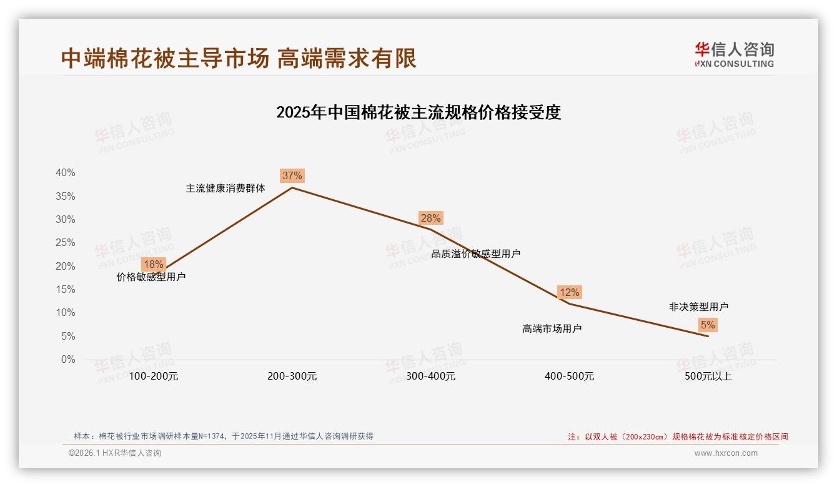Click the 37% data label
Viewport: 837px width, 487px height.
coord(292,175)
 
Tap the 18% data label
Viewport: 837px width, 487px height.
coord(153,264)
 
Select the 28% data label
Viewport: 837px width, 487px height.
coord(430,218)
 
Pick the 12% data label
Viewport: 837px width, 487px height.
coord(569,292)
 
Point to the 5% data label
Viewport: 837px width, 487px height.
coord(708,325)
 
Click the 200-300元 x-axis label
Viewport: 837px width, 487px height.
coord(292,376)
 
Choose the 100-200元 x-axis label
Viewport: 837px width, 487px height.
coord(153,376)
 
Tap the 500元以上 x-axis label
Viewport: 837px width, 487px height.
coord(708,376)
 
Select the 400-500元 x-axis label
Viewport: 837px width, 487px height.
coord(569,376)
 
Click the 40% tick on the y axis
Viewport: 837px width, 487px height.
coord(66,173)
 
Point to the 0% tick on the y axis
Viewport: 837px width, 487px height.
coord(68,360)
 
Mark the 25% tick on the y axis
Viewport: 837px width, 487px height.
coord(66,243)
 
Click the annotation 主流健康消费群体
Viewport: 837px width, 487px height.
coord(225,188)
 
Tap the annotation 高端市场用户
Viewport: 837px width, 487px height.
coord(552,328)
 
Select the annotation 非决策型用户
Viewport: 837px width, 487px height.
coord(698,307)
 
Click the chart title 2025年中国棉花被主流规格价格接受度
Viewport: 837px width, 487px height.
coord(418,112)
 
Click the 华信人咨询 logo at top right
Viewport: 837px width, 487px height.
coord(734,54)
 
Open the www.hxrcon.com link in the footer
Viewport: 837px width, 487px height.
coord(725,453)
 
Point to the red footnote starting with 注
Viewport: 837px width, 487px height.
coord(678,436)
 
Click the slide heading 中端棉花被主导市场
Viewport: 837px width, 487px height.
coord(165,58)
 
